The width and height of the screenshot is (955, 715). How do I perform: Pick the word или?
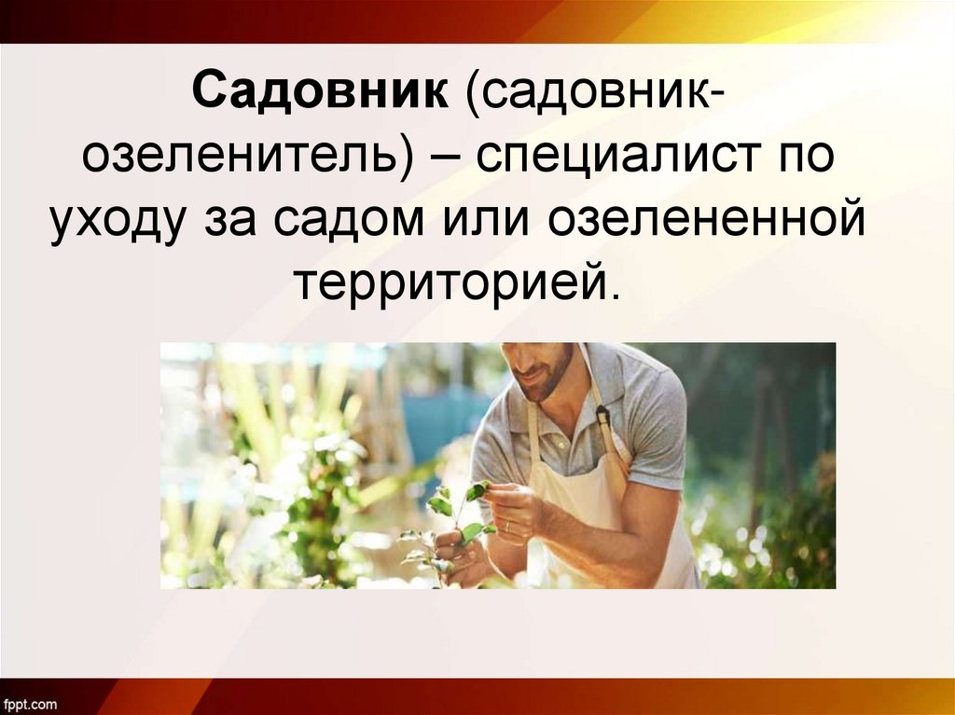[487, 221]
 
